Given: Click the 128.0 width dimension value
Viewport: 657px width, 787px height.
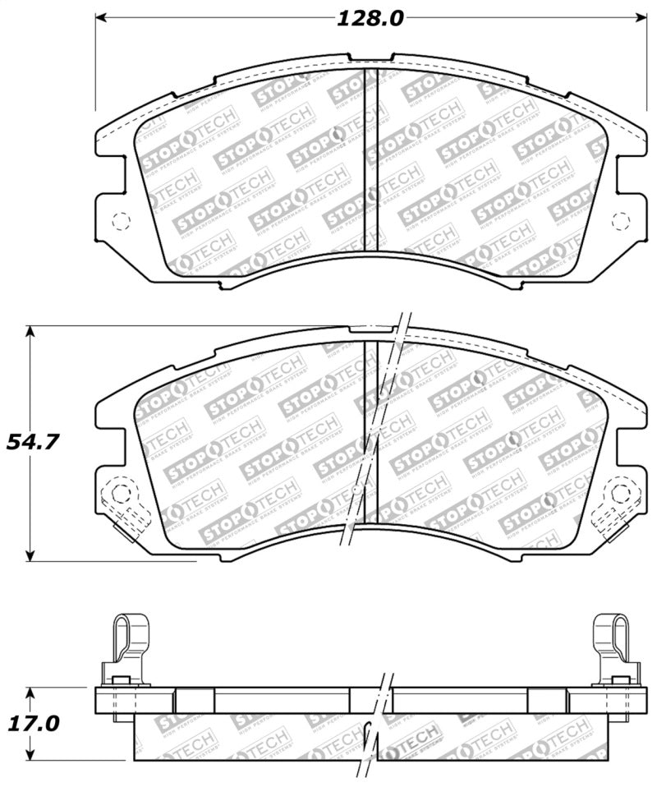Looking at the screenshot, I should point(369,18).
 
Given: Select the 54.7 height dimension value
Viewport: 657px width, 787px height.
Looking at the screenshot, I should point(32,442).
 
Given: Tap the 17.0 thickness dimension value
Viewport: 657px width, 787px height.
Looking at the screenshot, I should point(33,724).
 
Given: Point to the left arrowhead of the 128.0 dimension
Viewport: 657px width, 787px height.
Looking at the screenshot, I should point(103,18).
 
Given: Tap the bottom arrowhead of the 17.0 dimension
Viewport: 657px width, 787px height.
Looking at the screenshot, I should point(30,756).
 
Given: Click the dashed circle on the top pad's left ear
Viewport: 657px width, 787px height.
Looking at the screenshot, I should point(121,220).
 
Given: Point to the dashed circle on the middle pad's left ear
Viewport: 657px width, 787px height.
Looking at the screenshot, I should point(121,494).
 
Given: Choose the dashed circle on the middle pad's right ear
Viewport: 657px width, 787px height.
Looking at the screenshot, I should point(620,494).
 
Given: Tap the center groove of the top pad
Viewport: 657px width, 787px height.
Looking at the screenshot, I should point(370,160).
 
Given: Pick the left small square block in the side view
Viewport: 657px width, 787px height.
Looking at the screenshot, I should point(194,700).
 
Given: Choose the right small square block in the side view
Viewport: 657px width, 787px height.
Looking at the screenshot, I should point(546,700).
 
